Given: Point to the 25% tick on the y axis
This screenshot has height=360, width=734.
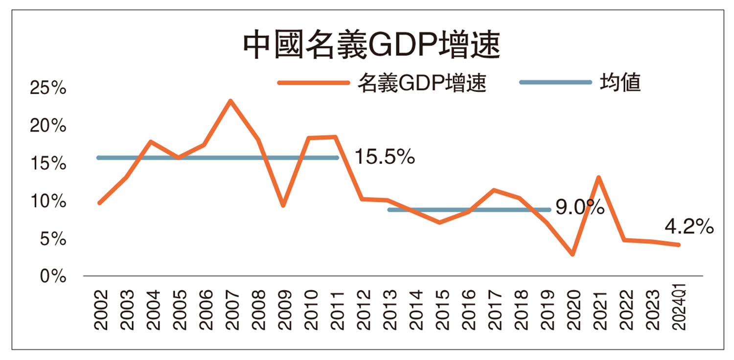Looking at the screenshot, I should point(48,89).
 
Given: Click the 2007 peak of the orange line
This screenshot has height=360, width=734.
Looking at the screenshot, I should point(230,101).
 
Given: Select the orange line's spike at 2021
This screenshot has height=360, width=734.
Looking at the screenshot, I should point(598,177).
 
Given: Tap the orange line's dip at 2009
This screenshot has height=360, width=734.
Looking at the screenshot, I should point(283,206).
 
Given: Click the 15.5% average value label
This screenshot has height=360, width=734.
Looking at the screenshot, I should point(384,157).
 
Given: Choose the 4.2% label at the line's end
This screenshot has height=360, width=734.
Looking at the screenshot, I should point(689,227).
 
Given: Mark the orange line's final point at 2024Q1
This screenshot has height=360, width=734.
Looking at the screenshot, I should point(678,245).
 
